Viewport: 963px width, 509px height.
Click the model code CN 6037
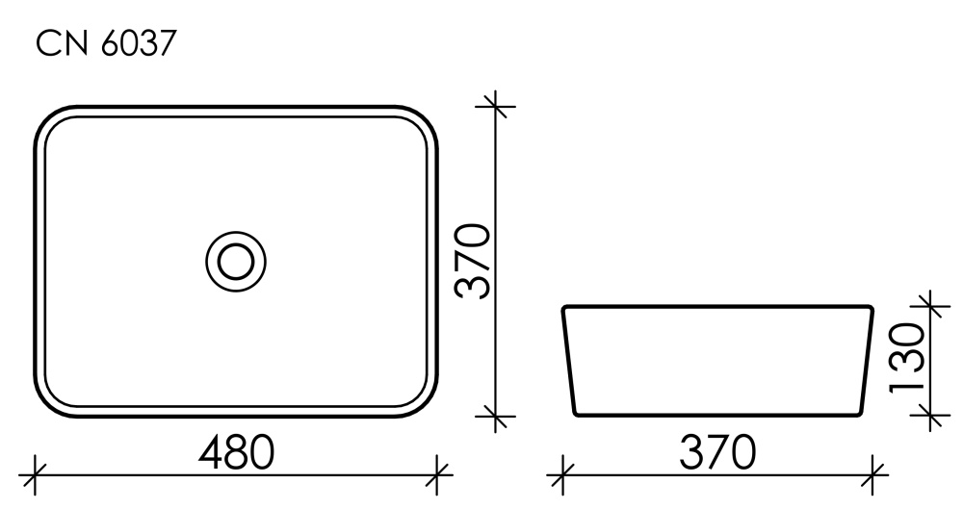click(x=106, y=43)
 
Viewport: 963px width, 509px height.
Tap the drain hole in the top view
click(x=235, y=260)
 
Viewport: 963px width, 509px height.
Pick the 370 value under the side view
click(x=715, y=451)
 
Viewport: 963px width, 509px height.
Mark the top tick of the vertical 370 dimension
click(x=495, y=104)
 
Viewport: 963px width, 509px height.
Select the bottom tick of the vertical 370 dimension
click(x=495, y=417)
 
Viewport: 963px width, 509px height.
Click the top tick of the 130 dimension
click(x=929, y=305)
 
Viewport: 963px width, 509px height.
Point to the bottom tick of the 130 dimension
click(x=929, y=416)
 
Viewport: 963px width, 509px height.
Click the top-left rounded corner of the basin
click(x=48, y=117)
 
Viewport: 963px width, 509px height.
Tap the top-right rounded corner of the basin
click(x=425, y=117)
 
